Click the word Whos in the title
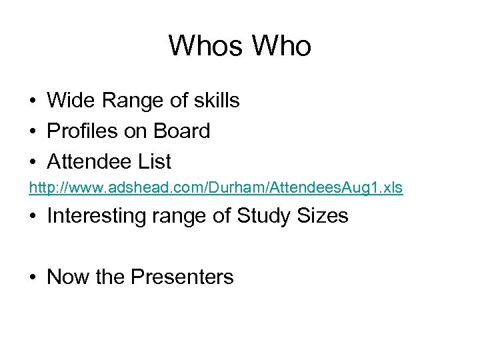(x=205, y=46)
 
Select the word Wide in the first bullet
(x=69, y=101)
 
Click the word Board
(x=181, y=131)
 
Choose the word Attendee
(x=87, y=161)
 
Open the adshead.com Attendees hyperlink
(x=215, y=188)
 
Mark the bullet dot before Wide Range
(x=33, y=101)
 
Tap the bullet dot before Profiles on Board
(x=33, y=132)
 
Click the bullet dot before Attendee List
(x=33, y=162)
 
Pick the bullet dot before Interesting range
(x=33, y=217)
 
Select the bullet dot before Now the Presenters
(x=33, y=277)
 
